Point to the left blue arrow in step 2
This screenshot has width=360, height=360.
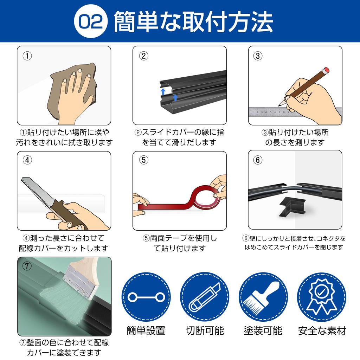tap(163, 92)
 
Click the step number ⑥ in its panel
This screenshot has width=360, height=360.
tap(258, 160)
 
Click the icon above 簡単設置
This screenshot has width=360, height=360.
tap(146, 297)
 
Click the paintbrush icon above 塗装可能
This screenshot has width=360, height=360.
tap(263, 297)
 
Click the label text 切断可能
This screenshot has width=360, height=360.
tap(205, 331)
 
